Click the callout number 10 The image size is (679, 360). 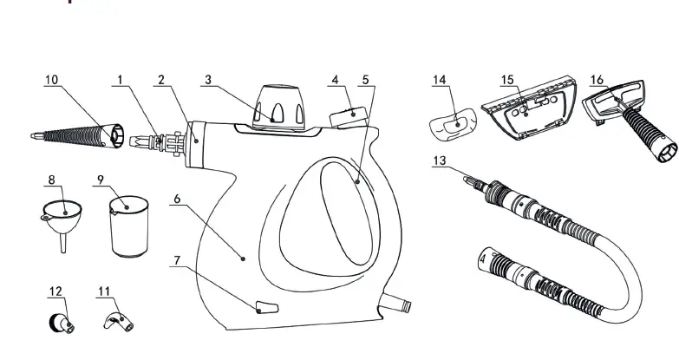click(51, 80)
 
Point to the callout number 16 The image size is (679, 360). click(597, 80)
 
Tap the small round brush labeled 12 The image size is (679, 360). click(61, 322)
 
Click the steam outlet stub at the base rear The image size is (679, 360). click(400, 305)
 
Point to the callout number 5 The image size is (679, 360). click(365, 80)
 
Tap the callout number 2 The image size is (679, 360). click(160, 80)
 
